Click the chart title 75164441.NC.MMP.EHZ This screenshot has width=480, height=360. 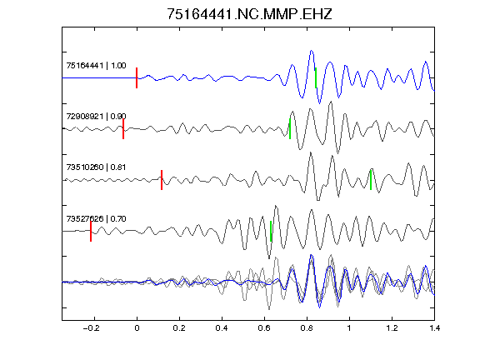click(249, 14)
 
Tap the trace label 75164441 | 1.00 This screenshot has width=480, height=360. click(96, 66)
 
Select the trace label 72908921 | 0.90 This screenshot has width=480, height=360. click(96, 117)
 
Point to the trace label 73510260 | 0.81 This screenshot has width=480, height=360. click(96, 167)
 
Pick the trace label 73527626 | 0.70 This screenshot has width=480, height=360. click(96, 218)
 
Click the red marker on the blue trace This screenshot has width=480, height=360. click(137, 78)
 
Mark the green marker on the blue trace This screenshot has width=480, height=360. click(316, 78)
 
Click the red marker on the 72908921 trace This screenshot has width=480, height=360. click(123, 129)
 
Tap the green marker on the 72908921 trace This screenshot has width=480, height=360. click(290, 129)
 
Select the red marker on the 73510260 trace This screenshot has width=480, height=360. click(162, 180)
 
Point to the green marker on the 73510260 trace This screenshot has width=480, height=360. click(371, 180)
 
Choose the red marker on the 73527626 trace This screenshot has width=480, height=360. click(91, 231)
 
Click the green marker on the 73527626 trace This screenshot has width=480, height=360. click(271, 231)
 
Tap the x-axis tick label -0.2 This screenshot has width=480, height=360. click(92, 328)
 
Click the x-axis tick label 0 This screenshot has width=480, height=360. click(137, 328)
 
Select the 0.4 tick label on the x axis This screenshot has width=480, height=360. click(222, 328)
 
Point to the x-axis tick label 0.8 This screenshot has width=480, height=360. click(307, 328)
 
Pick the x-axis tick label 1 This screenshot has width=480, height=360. click(349, 328)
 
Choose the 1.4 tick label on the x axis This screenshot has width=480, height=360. click(434, 328)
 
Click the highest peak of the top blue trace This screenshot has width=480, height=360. click(312, 51)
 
